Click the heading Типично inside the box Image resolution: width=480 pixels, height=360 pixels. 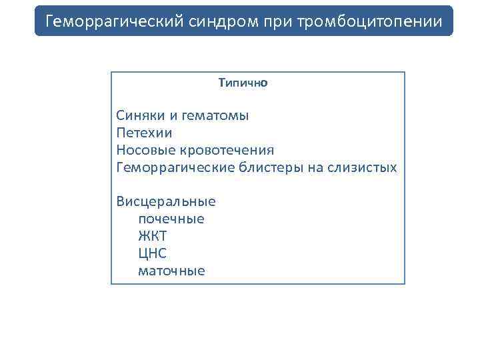243,83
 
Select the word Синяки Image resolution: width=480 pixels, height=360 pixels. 136,116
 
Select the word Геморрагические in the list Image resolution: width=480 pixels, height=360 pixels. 175,168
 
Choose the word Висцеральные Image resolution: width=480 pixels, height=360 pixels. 166,201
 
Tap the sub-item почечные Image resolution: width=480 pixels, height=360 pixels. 171,219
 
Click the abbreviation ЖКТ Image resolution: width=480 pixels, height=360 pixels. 152,236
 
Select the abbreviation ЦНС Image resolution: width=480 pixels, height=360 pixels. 152,253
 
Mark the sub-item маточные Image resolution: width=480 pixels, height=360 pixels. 171,271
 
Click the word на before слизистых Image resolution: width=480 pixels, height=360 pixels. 315,168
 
